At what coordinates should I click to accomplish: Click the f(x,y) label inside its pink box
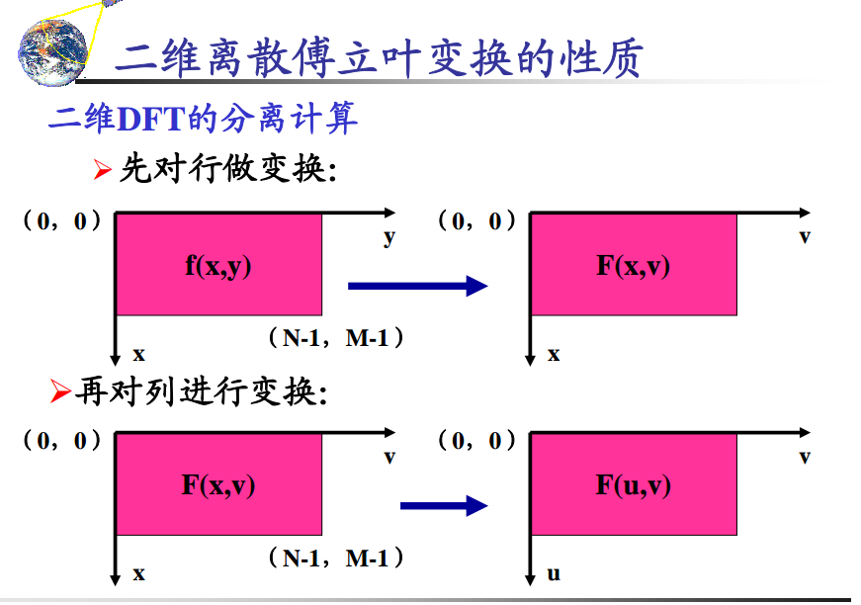(218, 265)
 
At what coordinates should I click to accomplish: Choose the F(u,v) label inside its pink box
(634, 484)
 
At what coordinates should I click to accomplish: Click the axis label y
(388, 237)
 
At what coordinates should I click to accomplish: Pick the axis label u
(554, 572)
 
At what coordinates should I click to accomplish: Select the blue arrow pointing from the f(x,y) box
(417, 287)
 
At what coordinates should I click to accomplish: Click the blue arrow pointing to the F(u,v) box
(444, 507)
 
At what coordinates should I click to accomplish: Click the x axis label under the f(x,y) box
(138, 353)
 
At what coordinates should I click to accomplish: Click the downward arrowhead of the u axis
(532, 577)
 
